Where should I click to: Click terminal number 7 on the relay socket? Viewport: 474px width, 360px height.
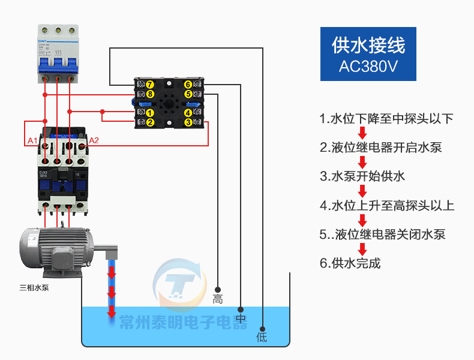(x=150, y=85)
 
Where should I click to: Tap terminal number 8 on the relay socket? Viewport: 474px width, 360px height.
(x=150, y=94)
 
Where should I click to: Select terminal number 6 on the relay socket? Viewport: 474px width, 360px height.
(x=188, y=85)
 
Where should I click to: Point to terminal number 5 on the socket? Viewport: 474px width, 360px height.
(x=188, y=94)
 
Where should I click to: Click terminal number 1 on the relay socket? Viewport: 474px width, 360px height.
(x=150, y=113)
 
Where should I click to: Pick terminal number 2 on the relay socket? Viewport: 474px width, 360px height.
(x=150, y=122)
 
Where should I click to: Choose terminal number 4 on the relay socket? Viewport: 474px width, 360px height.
(x=188, y=113)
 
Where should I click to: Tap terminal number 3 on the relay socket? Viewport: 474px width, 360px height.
(x=188, y=122)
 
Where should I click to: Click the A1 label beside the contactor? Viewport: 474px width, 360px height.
(x=33, y=141)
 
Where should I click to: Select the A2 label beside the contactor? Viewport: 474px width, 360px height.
(x=94, y=141)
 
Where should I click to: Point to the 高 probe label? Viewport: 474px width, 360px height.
(x=218, y=299)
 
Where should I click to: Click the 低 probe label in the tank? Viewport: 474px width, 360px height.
(x=262, y=337)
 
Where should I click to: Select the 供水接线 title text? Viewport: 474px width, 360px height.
(x=368, y=45)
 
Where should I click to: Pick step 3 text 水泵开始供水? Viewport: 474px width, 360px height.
(x=362, y=176)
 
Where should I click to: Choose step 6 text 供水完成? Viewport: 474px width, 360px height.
(x=350, y=263)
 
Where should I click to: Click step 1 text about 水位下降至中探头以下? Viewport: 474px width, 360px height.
(x=386, y=118)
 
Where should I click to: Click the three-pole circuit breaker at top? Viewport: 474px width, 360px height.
(x=58, y=53)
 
